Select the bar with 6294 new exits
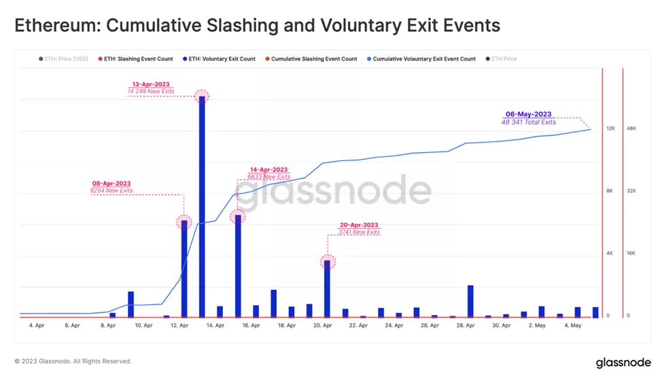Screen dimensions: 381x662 tap(184, 269)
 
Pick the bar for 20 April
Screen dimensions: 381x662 tap(327, 289)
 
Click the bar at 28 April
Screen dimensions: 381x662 tap(470, 301)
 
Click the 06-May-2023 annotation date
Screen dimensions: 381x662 tap(528, 114)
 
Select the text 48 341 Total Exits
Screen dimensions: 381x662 tap(528, 122)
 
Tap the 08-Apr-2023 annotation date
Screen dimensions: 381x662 tap(111, 183)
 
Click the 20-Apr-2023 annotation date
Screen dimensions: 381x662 tap(358, 225)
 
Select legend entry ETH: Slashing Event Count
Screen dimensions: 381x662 tap(138, 59)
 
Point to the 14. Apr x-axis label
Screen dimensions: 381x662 tap(215, 325)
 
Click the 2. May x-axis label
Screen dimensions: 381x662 tap(537, 325)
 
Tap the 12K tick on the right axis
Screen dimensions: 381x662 tap(610, 128)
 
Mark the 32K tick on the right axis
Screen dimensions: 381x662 tap(631, 191)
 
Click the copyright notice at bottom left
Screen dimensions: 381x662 tap(73, 361)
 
